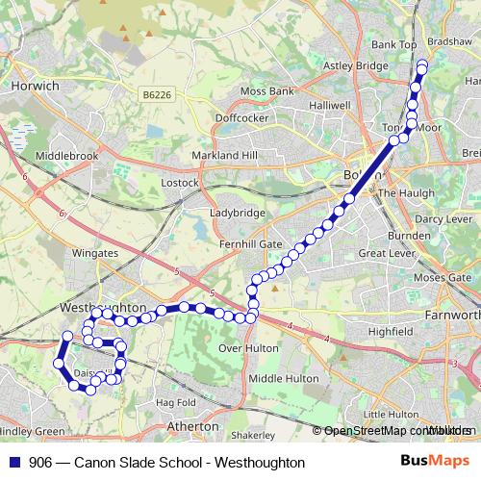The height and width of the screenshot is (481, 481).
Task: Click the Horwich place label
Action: pos(37,86)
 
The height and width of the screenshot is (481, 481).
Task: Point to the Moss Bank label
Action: pos(266,91)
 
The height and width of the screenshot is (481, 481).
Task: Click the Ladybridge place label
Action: pos(237,212)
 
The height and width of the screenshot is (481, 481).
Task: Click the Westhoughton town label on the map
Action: pos(101,306)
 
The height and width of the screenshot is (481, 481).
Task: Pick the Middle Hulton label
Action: pos(283,379)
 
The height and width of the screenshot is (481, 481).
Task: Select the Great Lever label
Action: pos(385,253)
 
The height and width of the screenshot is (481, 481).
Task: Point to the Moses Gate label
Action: pos(443,277)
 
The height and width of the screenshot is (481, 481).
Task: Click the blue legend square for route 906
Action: pos(13,462)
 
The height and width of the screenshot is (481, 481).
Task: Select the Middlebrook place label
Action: pos(66,154)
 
